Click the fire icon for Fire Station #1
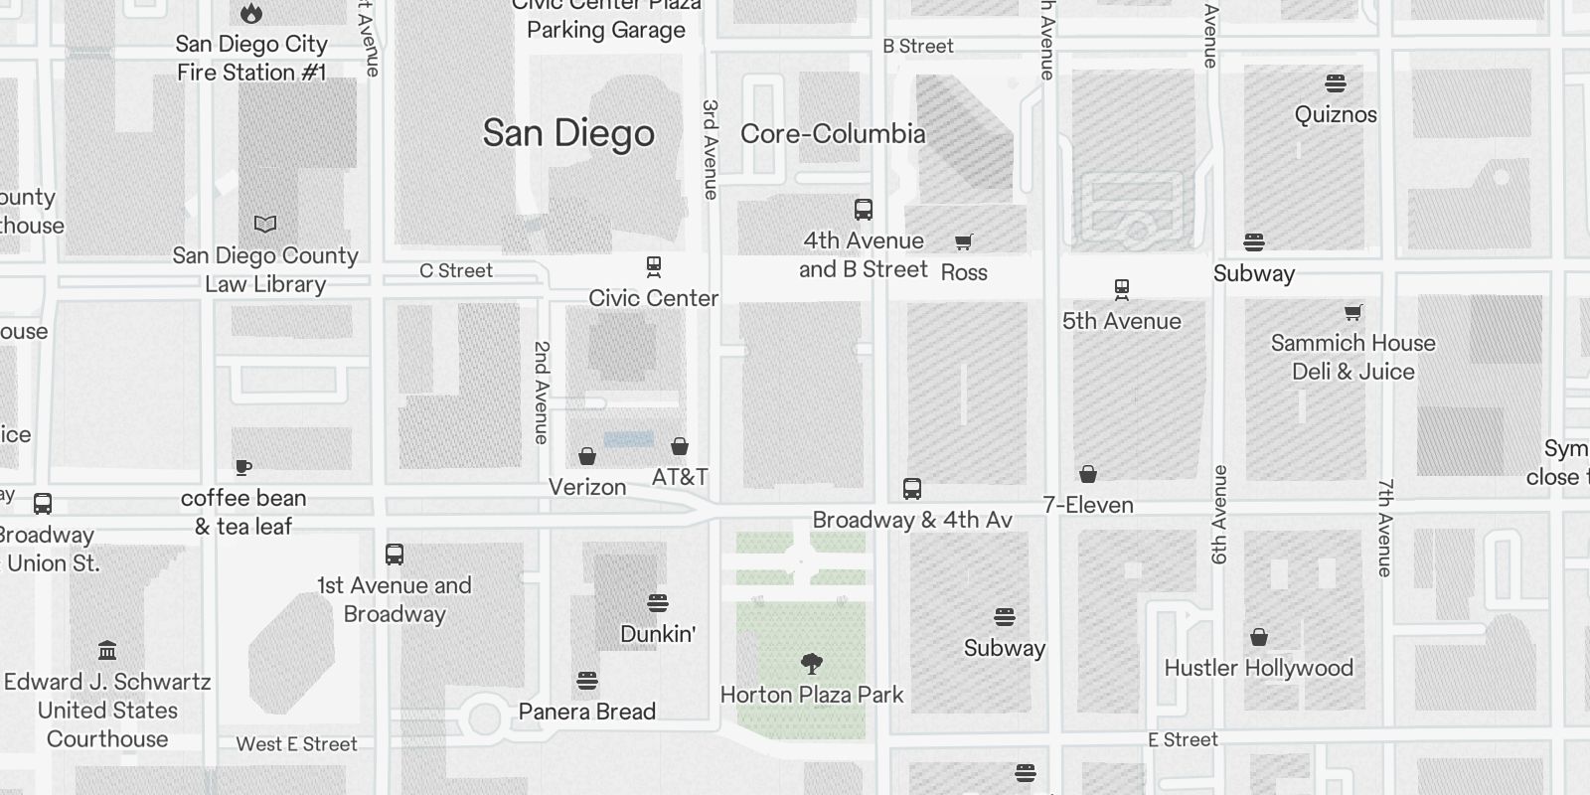251,13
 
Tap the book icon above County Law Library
265,225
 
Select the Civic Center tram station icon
654,266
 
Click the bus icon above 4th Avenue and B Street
864,210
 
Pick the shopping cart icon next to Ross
963,241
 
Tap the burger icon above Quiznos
1336,82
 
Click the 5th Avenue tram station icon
1122,289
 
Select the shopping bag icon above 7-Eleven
1088,474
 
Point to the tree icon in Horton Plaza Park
812,663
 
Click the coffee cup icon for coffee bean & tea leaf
243,467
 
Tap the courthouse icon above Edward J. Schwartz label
107,651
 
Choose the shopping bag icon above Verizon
587,456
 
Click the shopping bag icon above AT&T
680,446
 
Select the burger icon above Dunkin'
657,602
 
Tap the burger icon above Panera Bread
587,681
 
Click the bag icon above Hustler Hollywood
1259,636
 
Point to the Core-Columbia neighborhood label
833,133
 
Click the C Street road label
456,270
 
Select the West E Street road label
296,743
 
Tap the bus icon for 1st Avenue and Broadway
395,555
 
